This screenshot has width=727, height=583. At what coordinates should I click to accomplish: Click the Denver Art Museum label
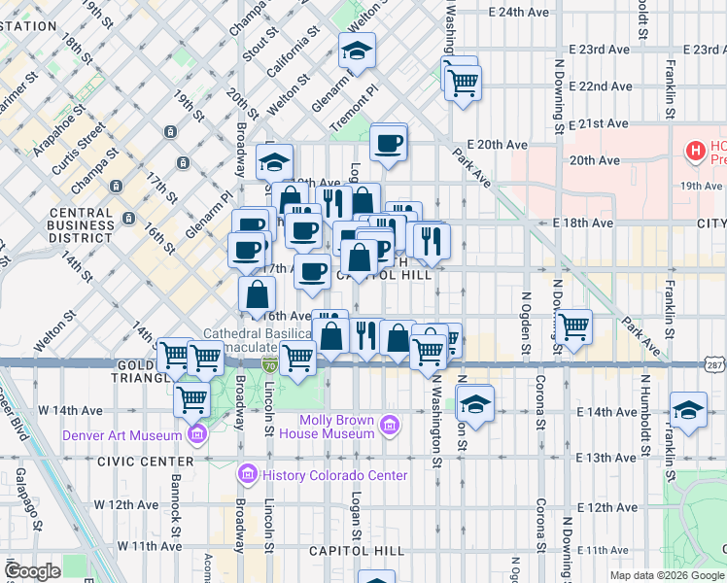[x=124, y=435]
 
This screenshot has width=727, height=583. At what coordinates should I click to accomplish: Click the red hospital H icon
[x=695, y=151]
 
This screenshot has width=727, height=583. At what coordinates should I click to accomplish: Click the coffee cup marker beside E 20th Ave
[x=389, y=142]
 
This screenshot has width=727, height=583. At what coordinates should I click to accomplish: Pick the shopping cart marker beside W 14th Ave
[x=192, y=396]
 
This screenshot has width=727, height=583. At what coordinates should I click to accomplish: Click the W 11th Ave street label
[x=152, y=547]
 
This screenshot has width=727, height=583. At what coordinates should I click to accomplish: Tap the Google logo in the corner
[x=32, y=571]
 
